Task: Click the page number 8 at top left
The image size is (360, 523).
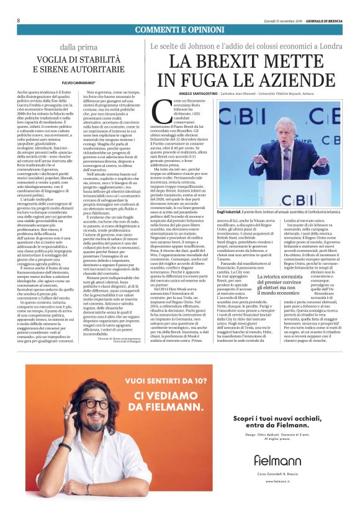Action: (19, 20)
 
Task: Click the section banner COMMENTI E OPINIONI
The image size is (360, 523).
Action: (179, 30)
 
